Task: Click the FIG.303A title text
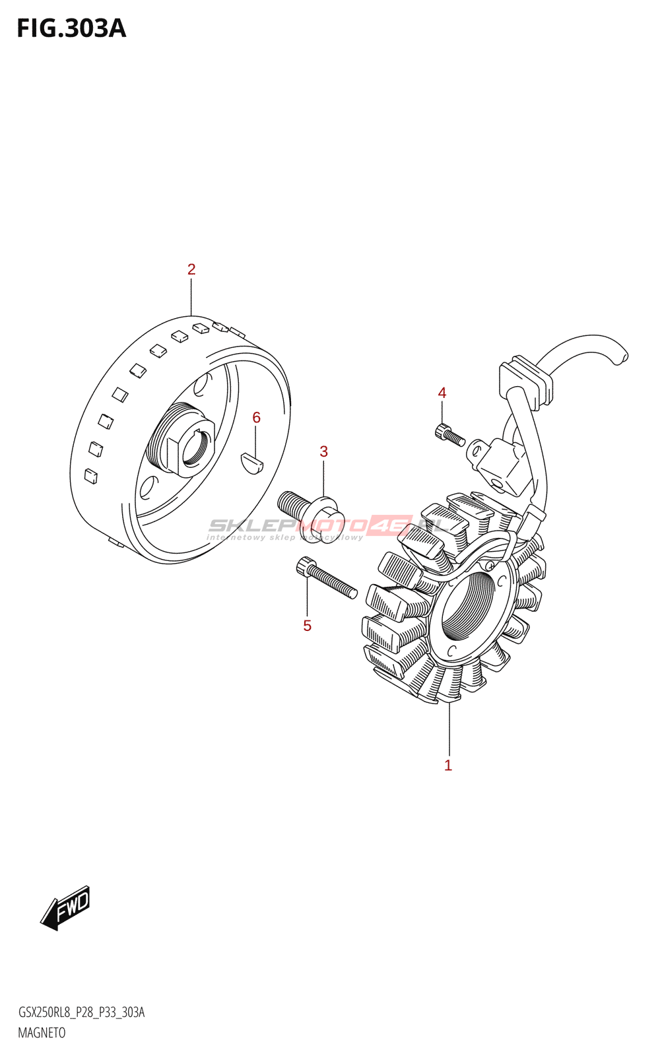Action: coord(71,28)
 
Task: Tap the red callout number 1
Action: coord(448,766)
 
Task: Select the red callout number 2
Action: coord(191,269)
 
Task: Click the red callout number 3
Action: coord(323,451)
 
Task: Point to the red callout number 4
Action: coord(442,393)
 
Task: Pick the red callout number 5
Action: coord(307,626)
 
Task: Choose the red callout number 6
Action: coord(256,418)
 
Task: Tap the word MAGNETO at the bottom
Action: coord(42,1033)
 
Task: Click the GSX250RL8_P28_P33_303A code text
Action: coord(81,1012)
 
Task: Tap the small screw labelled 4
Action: coord(449,435)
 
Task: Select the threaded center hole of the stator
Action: coord(467,606)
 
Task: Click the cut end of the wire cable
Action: coord(620,357)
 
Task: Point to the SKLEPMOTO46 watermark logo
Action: coord(330,526)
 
